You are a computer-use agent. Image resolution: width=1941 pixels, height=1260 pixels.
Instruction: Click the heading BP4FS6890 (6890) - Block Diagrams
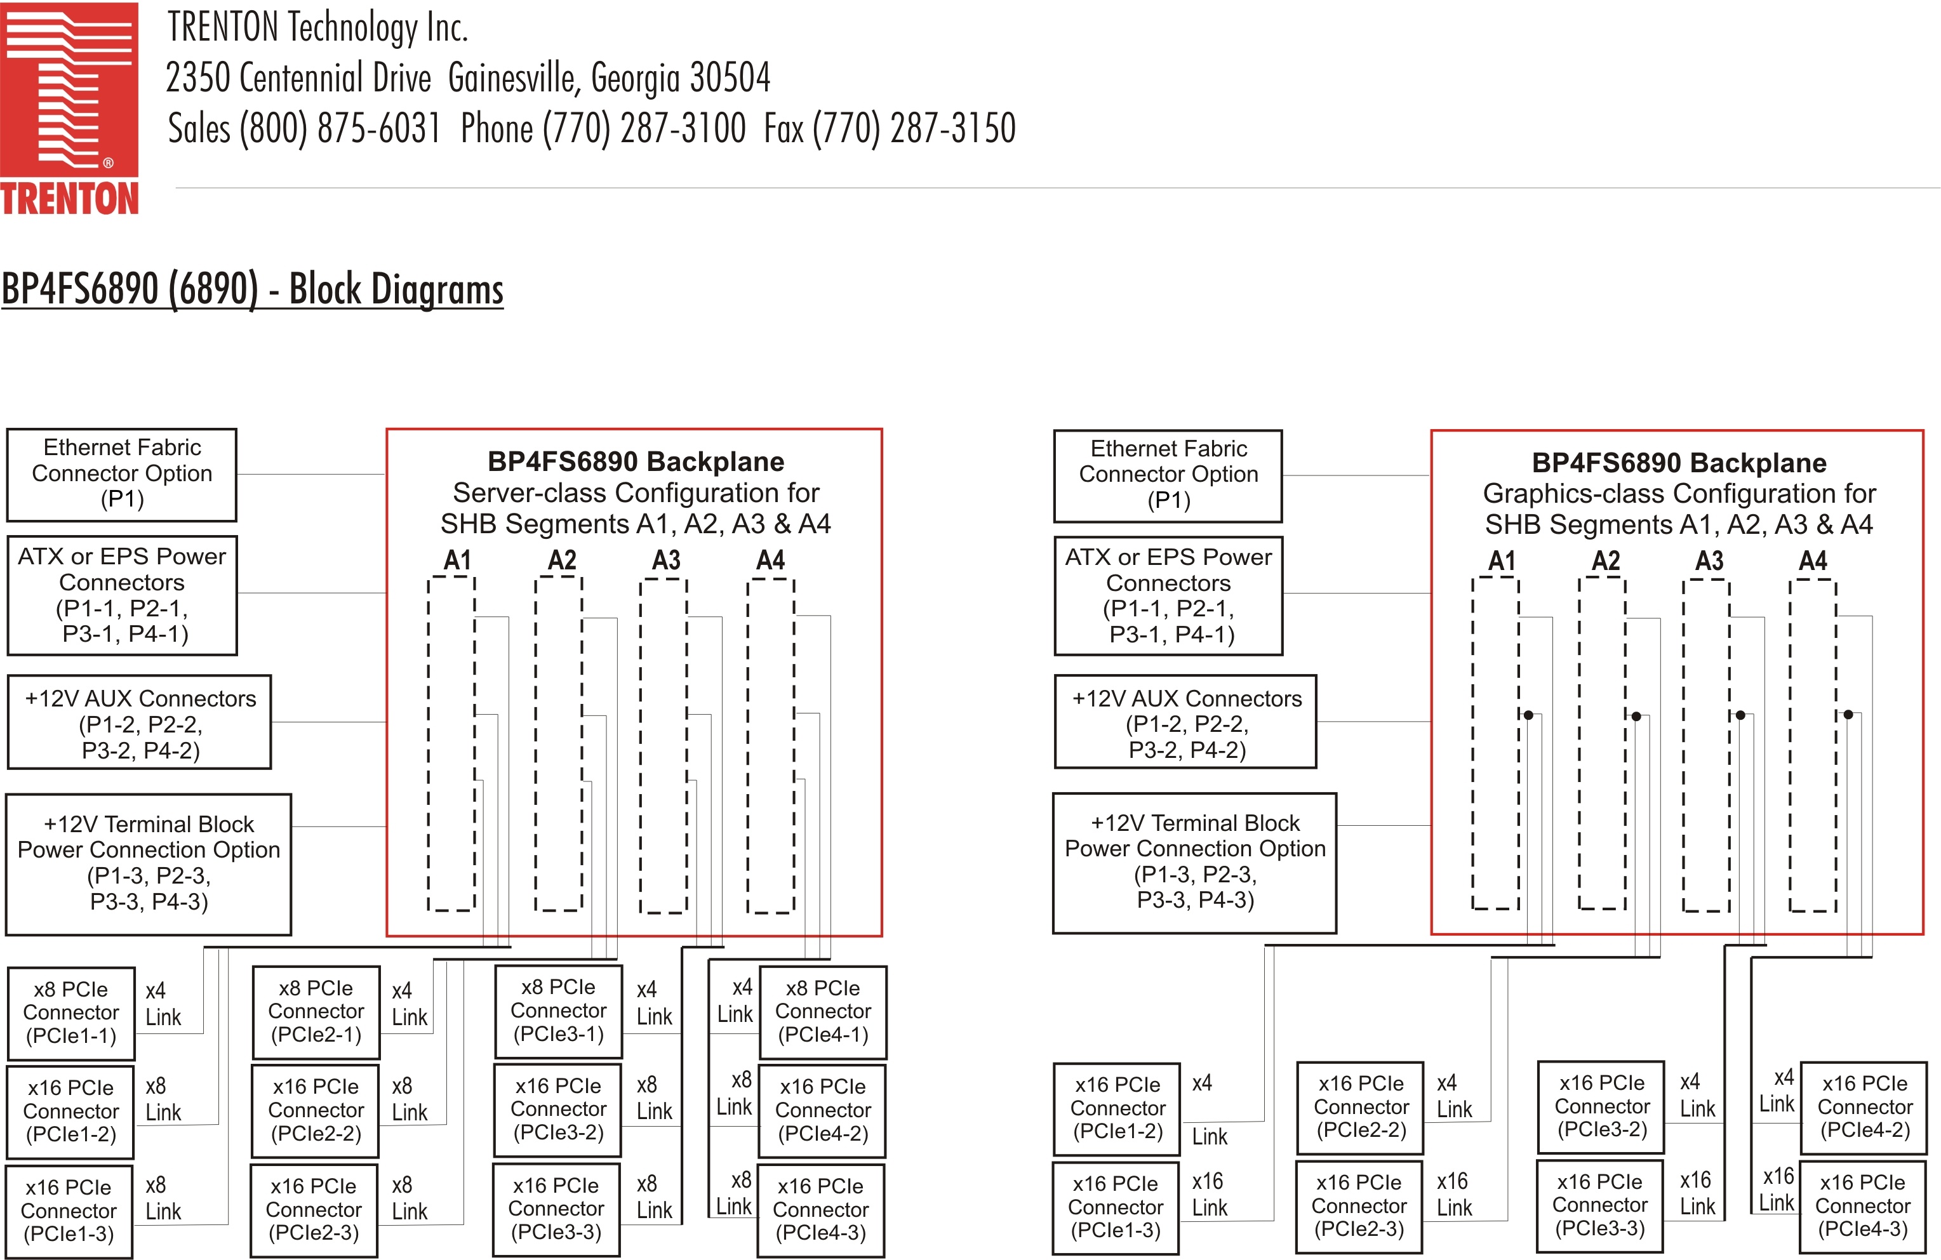tap(252, 289)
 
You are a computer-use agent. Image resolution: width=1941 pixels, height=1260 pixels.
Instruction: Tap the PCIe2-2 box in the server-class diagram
tap(316, 1111)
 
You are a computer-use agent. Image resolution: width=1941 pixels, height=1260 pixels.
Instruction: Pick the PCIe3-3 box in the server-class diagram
tap(556, 1209)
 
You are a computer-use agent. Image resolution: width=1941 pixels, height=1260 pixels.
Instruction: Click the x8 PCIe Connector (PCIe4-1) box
tap(823, 1012)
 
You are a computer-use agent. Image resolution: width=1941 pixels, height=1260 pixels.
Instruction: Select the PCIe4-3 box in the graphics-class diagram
tap(1863, 1206)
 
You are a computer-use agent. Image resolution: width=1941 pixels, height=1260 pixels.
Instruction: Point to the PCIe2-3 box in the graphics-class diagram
tap(1359, 1206)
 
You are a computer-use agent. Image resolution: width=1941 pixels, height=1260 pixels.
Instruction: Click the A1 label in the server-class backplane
tap(458, 560)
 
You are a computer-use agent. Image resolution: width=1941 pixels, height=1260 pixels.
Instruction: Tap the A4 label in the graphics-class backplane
tap(1813, 561)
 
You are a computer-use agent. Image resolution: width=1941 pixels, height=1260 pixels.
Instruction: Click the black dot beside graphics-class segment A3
tap(1740, 715)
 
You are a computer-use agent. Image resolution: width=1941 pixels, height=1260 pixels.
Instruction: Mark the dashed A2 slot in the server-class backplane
tap(559, 744)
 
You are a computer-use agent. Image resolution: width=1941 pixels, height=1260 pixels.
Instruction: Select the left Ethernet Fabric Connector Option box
tap(121, 474)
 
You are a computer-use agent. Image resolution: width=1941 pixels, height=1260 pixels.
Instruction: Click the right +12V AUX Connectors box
tap(1186, 722)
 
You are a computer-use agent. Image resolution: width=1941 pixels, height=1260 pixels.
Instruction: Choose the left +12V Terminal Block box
tap(149, 864)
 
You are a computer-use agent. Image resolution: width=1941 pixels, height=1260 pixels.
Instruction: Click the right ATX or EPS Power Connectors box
tap(1168, 595)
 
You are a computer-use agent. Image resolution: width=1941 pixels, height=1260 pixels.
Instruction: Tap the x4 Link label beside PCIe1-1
tap(163, 1004)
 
